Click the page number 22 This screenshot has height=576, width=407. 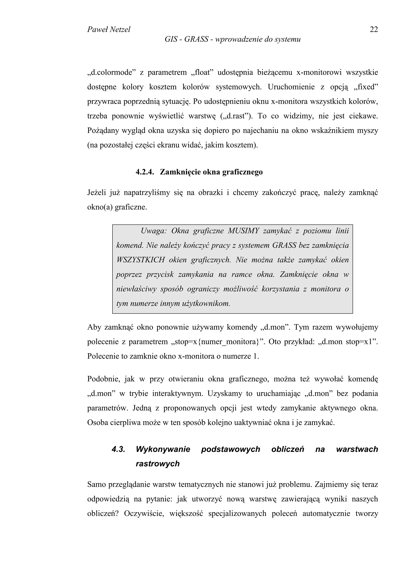(374, 30)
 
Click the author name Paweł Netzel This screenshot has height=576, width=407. (109, 30)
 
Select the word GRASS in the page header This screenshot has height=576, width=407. (196, 39)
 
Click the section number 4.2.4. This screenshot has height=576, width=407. (145, 172)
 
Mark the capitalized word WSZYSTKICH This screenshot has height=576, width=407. (141, 260)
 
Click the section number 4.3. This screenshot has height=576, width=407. (118, 449)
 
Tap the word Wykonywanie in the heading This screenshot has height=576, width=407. (163, 449)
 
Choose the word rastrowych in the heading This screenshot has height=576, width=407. (158, 464)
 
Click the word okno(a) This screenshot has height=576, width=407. (100, 208)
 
